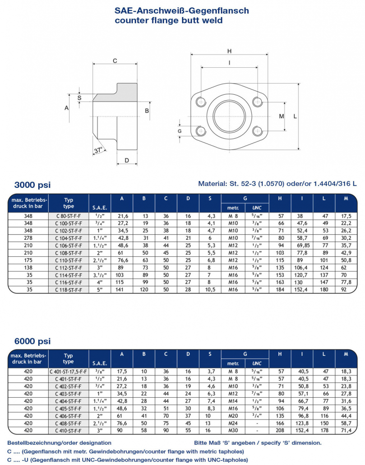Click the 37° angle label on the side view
(x=98, y=150)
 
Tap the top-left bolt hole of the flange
(x=201, y=102)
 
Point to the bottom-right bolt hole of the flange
(x=258, y=131)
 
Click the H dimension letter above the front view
(x=229, y=51)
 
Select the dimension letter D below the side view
(x=127, y=160)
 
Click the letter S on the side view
(x=79, y=98)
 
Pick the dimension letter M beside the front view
(x=282, y=116)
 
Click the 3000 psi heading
(x=32, y=185)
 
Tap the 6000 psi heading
(x=32, y=341)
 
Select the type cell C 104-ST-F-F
(x=69, y=238)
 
